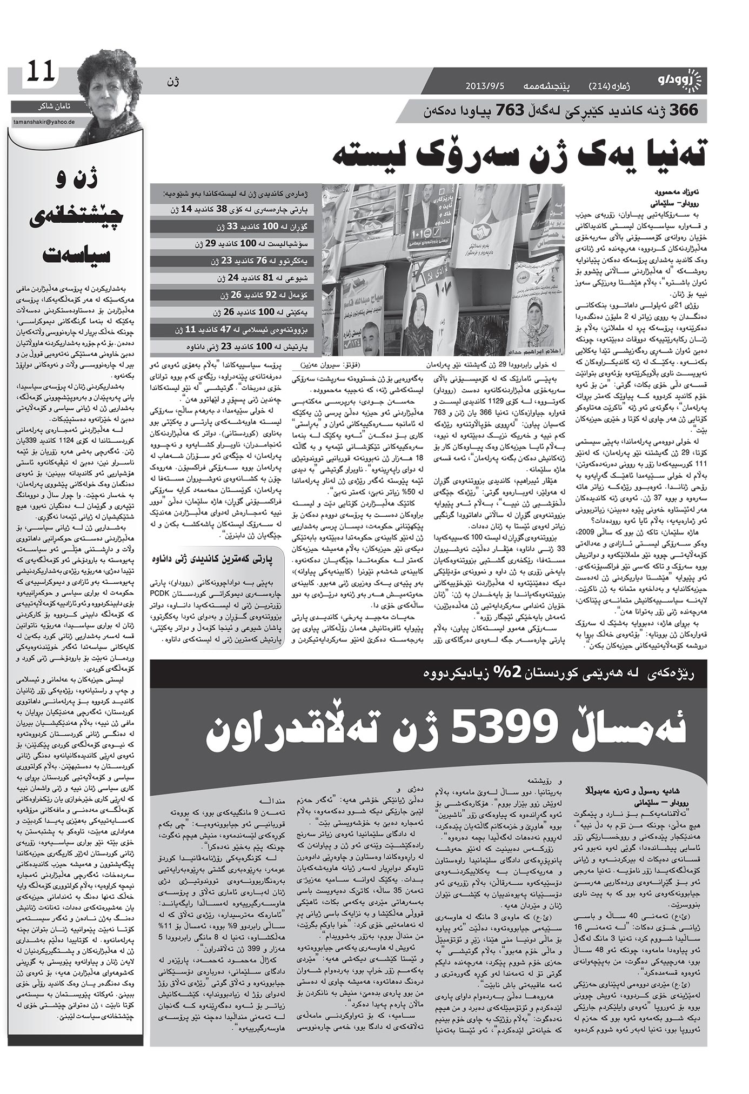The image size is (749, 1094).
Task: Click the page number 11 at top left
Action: (x=41, y=71)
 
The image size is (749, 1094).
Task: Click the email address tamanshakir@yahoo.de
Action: (x=46, y=122)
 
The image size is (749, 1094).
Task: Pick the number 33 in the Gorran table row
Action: (x=232, y=226)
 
